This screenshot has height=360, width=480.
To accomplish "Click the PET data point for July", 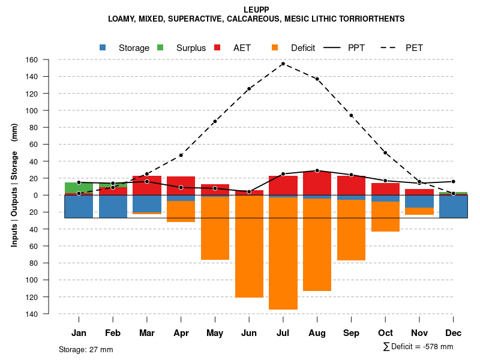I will pyautogui.click(x=283, y=64).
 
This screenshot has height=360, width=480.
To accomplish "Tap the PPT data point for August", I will pyautogui.click(x=317, y=170).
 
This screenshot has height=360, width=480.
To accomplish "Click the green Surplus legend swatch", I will pyautogui.click(x=160, y=47).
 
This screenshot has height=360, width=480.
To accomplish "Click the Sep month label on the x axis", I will pyautogui.click(x=351, y=333).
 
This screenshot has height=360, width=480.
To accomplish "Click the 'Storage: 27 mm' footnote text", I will pyautogui.click(x=86, y=349).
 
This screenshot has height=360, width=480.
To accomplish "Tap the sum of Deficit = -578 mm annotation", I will pyautogui.click(x=418, y=347).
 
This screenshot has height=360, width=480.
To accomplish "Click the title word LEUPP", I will pyautogui.click(x=256, y=10).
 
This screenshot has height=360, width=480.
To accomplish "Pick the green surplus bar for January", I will pyautogui.click(x=79, y=187).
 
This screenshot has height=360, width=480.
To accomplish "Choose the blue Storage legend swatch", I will pyautogui.click(x=103, y=47).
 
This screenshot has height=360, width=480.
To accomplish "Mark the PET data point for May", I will pyautogui.click(x=215, y=121).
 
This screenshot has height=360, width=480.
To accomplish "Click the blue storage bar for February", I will pyautogui.click(x=113, y=206).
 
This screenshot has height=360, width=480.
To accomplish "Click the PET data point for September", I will pyautogui.click(x=351, y=115).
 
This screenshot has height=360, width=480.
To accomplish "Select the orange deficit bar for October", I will pyautogui.click(x=385, y=216).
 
